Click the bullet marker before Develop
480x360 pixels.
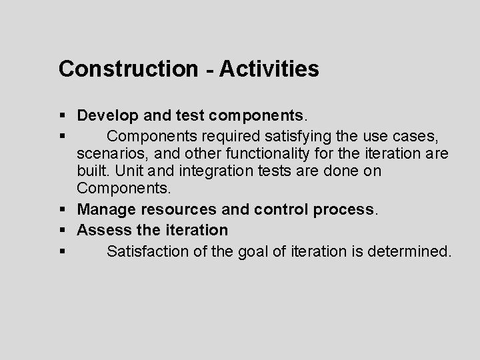[x=62, y=115]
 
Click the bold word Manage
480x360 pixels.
[x=105, y=210]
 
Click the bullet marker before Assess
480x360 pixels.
[x=62, y=231]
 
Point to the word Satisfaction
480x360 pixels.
[x=149, y=251]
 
